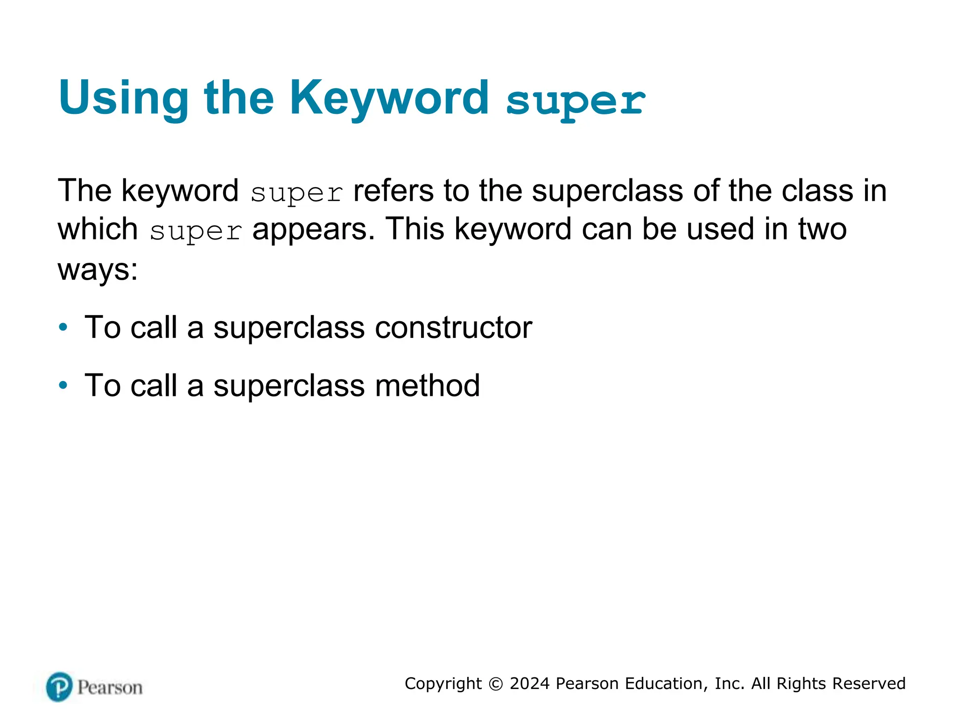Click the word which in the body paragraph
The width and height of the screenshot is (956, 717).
click(x=98, y=229)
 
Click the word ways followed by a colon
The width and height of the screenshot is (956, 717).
click(x=98, y=269)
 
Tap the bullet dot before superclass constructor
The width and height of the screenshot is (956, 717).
click(x=63, y=327)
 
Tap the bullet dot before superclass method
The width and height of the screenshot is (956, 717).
click(x=63, y=386)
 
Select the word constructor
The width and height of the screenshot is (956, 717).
click(x=453, y=328)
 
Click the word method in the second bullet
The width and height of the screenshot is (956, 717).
click(x=427, y=386)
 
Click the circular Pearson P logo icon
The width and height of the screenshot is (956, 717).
click(x=59, y=687)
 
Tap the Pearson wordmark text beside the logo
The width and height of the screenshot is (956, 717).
click(x=110, y=688)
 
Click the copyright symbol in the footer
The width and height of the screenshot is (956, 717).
click(x=495, y=684)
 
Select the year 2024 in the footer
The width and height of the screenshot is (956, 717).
click(x=529, y=683)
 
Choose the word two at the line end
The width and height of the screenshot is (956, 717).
click(x=822, y=229)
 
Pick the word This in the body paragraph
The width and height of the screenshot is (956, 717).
click(x=415, y=229)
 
